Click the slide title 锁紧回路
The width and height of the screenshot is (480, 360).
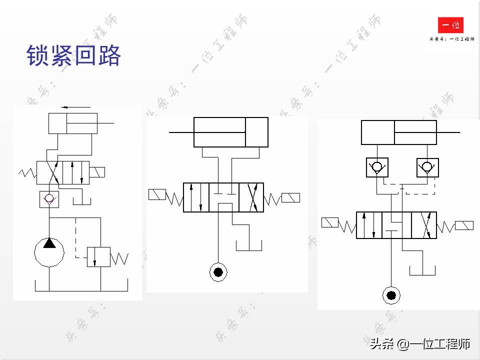click(74, 56)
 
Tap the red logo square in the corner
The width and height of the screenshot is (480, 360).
click(450, 25)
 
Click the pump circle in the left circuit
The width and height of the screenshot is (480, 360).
click(49, 252)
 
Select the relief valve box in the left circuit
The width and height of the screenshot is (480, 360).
click(98, 256)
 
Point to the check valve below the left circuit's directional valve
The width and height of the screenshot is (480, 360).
click(49, 199)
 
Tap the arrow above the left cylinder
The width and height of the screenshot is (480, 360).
click(75, 107)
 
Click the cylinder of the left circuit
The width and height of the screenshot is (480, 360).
click(72, 123)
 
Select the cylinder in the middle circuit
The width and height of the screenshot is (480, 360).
click(231, 132)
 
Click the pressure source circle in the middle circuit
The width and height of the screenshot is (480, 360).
click(218, 272)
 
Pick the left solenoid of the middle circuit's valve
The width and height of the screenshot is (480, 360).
click(157, 194)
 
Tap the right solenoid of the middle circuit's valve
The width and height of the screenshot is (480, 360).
click(290, 197)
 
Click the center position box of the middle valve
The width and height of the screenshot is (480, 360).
click(224, 197)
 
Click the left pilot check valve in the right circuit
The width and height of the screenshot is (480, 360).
click(376, 167)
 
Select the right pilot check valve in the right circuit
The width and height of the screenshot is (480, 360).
click(427, 167)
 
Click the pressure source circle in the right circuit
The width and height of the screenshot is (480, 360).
click(391, 295)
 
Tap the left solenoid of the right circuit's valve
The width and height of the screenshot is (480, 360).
click(329, 222)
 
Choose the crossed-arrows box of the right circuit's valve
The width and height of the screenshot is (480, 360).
click(423, 225)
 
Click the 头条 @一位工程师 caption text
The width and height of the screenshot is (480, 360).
click(420, 344)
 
